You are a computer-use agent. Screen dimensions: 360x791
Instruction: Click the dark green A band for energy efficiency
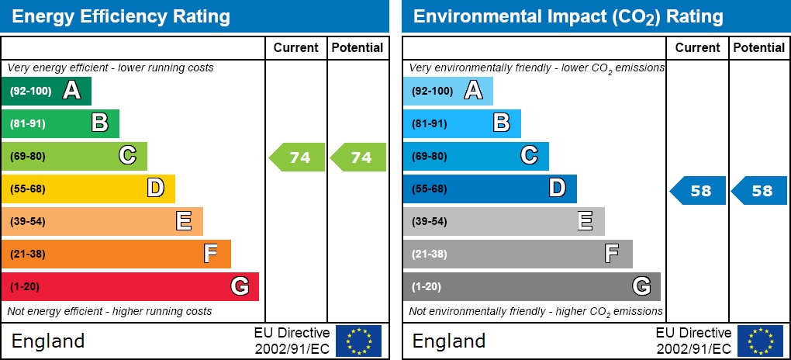47,91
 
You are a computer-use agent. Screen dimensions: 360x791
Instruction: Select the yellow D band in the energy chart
88,189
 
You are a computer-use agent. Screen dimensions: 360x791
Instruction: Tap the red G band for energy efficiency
130,286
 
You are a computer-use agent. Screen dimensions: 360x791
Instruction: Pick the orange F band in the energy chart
116,254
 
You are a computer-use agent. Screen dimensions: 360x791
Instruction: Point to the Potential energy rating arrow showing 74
359,157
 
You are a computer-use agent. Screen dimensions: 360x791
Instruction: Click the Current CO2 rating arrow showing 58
699,190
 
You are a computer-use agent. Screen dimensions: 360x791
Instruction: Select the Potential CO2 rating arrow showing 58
761,190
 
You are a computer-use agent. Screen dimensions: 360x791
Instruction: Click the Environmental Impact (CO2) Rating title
568,16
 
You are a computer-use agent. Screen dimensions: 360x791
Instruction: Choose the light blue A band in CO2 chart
447,91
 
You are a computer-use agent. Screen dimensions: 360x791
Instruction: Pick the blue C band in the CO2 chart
475,156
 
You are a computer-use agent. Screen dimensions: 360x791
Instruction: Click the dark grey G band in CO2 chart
531,286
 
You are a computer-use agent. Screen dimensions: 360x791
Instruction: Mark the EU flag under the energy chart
358,341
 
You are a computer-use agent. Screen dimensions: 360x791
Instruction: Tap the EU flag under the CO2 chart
760,341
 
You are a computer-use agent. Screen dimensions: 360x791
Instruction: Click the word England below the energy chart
48,341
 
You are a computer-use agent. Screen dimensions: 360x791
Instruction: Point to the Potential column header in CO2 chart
759,47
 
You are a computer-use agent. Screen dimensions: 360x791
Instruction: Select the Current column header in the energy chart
296,47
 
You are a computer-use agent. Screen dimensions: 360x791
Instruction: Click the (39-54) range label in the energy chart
28,221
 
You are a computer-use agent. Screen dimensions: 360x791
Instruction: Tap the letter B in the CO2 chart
502,123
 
